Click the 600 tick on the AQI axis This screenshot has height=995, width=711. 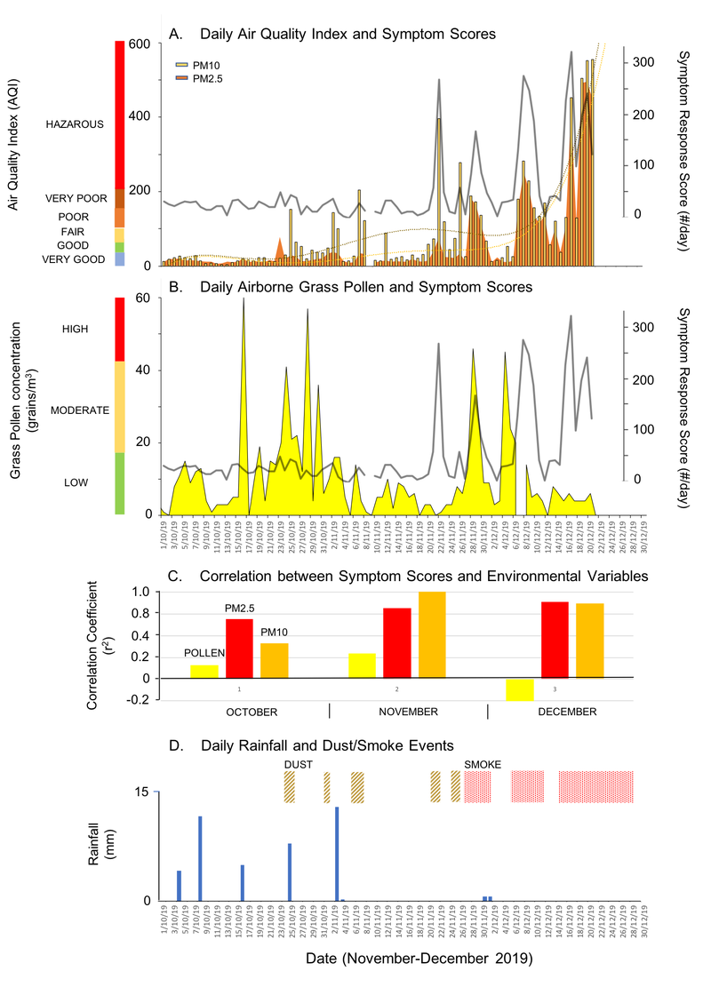tap(143, 44)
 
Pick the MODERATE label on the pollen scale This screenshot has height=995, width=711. tap(79, 410)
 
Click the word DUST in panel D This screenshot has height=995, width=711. tap(299, 764)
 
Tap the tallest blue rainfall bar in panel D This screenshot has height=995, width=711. tap(337, 853)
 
